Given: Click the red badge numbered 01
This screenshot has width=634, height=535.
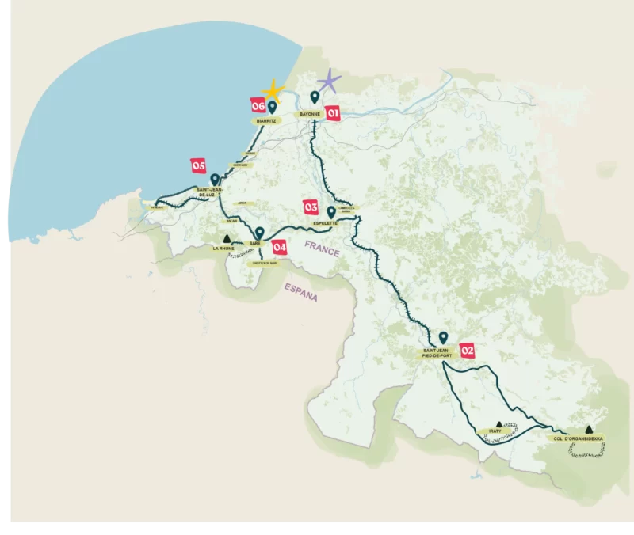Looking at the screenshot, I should [x=333, y=114].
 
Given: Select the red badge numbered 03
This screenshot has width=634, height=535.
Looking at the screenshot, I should [x=311, y=207].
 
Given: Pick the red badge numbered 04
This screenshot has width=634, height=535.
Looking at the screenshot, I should [x=279, y=246].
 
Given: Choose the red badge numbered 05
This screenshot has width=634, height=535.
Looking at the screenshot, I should [x=198, y=165].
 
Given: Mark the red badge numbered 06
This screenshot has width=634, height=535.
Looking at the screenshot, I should [x=258, y=105].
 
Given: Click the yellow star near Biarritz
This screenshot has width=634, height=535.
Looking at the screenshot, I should [x=273, y=90].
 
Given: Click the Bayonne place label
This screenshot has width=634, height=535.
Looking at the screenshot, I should [x=308, y=115].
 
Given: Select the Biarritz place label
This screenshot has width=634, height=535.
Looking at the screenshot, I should [x=266, y=121].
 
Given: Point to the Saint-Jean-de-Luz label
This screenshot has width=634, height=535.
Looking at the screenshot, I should [x=210, y=195].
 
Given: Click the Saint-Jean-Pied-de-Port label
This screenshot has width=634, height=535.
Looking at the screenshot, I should [x=438, y=354].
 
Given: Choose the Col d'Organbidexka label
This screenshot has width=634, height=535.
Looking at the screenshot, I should [x=579, y=438].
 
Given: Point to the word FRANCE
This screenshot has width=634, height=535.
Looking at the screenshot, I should [x=323, y=252].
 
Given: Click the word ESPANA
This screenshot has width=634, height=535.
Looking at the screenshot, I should [x=301, y=294].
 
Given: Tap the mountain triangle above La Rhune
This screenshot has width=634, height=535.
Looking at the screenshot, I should [x=227, y=238].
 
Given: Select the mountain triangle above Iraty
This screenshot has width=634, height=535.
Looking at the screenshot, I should [x=498, y=423].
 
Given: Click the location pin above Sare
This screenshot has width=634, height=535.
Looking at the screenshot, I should [x=259, y=232].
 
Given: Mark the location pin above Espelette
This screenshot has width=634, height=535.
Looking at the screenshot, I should [x=331, y=211].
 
